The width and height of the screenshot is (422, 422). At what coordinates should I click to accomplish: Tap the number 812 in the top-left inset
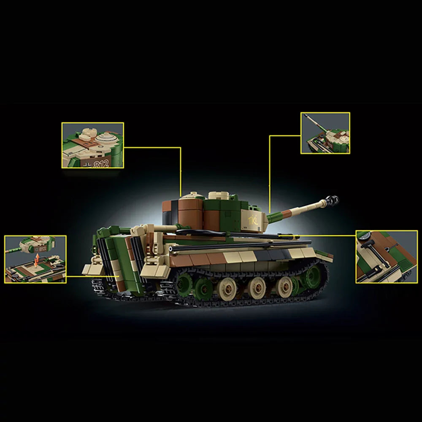(x=103, y=164)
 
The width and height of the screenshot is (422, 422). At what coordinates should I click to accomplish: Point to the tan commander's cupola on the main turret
(x=219, y=196)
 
